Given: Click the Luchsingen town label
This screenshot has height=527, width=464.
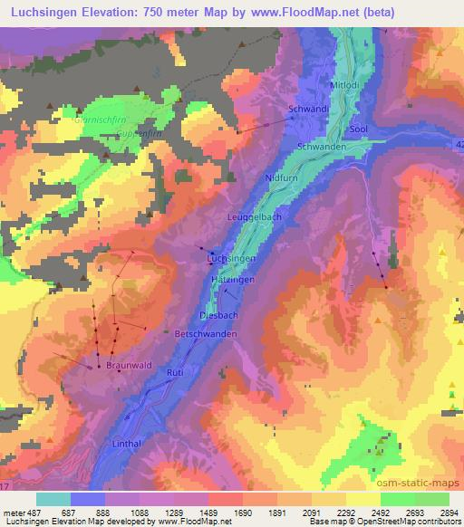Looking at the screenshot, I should click(x=231, y=258).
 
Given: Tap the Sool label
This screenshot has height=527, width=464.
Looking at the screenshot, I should click(x=357, y=129).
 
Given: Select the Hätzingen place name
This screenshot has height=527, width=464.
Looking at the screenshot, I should click(x=233, y=283).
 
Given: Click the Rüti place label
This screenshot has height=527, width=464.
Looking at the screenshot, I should click(x=176, y=372).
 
